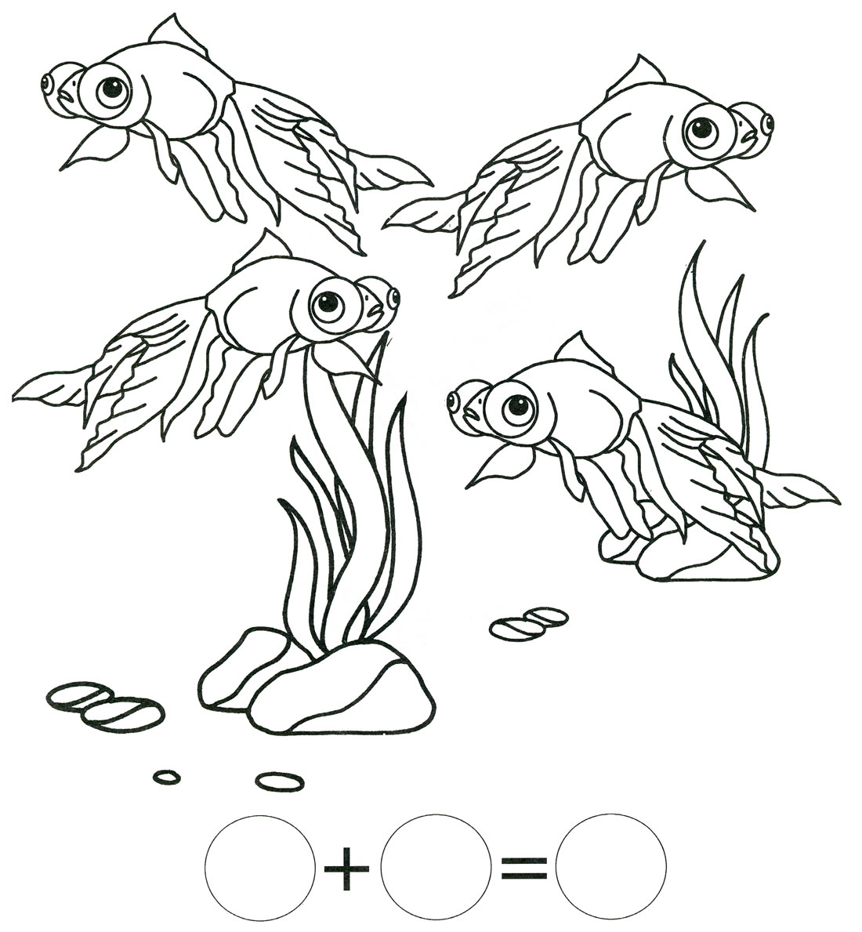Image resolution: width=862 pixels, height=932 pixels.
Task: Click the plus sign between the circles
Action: (347, 869)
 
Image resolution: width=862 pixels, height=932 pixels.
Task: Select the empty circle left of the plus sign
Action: (259, 869)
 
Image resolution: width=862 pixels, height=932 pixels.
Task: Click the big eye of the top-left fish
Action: (111, 89)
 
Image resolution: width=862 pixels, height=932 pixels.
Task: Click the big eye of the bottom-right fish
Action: (516, 407)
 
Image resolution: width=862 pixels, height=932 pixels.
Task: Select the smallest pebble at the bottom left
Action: (166, 776)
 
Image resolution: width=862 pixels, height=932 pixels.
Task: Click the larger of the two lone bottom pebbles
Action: (280, 780)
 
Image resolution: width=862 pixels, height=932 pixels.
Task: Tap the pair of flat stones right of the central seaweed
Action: (529, 623)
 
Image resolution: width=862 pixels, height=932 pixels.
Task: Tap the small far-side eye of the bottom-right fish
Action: (455, 402)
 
